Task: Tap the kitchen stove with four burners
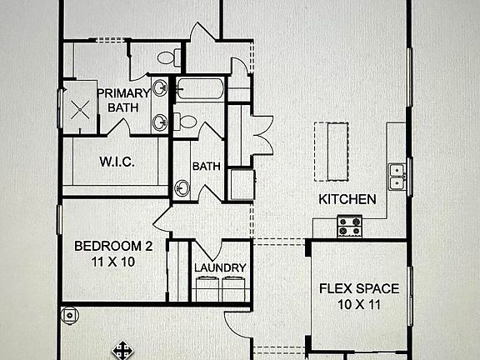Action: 349,226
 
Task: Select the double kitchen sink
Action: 397,175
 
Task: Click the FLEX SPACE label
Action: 359,289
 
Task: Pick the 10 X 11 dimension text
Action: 359,305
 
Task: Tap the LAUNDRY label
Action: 220,267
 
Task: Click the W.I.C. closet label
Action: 117,160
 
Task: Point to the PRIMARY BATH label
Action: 122,100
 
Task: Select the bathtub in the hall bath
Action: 200,89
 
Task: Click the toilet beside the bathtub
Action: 187,122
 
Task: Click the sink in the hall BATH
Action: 182,187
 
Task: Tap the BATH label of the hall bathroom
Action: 206,166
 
